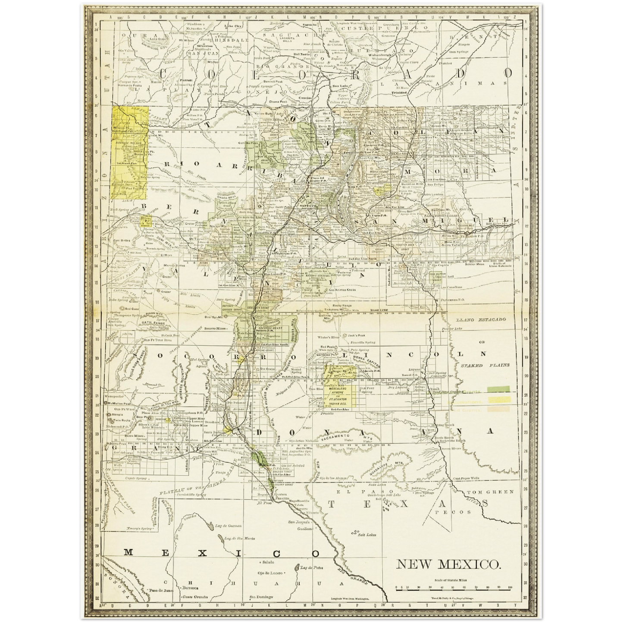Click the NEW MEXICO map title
click(448, 564)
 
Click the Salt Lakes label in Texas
click(367, 535)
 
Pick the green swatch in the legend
click(499, 390)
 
